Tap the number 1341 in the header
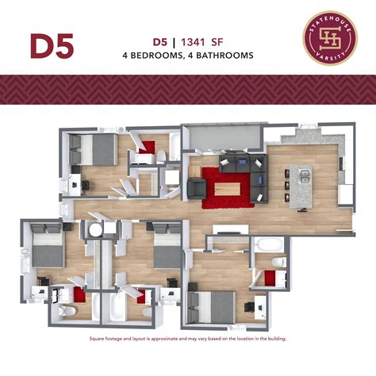(x=193, y=41)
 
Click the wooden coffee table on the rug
(x=226, y=190)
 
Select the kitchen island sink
(x=305, y=176)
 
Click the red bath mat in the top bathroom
(x=148, y=147)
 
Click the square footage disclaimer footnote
(x=187, y=338)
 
